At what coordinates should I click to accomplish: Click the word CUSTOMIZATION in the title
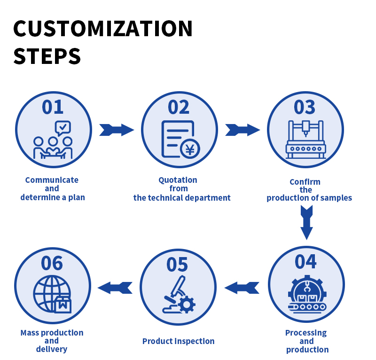(103, 29)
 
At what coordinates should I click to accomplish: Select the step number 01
(53, 107)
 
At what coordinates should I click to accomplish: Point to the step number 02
(179, 107)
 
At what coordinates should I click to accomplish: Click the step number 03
(305, 107)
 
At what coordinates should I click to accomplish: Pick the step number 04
(306, 261)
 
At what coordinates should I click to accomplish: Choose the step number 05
(178, 265)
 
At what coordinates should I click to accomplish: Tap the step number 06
(52, 263)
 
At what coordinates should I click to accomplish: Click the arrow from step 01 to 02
(117, 130)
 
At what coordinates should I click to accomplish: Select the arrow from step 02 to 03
(243, 130)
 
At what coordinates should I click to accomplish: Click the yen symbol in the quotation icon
(190, 149)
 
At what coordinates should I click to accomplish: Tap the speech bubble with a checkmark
(63, 127)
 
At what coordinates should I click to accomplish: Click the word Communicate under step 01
(52, 180)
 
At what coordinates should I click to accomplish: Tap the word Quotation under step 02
(178, 180)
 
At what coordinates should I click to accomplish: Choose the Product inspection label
(178, 341)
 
